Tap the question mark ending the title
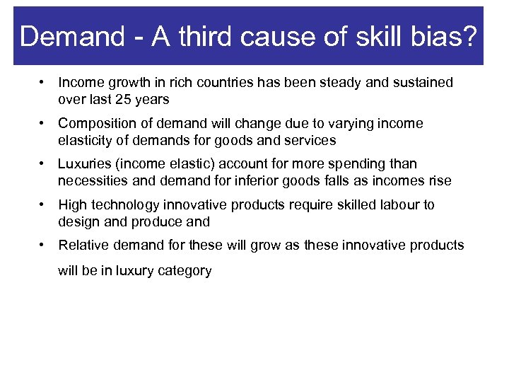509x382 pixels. (469, 36)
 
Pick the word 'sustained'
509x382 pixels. (423, 83)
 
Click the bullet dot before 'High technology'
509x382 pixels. (43, 205)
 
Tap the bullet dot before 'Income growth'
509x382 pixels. (43, 83)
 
